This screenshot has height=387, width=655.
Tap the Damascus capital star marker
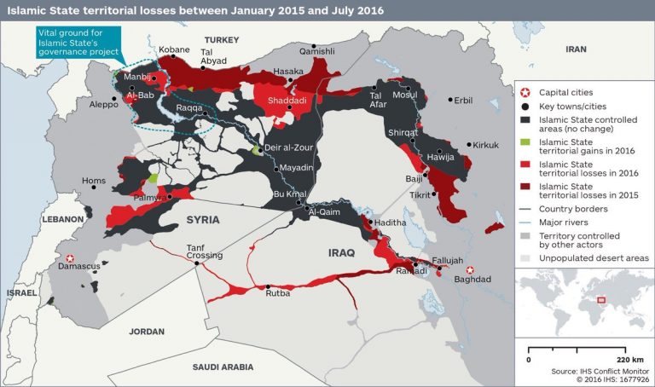(71, 257)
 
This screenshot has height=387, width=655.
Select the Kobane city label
(175, 51)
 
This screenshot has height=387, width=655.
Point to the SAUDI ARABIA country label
(223, 367)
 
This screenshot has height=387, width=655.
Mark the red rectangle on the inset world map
(600, 299)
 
